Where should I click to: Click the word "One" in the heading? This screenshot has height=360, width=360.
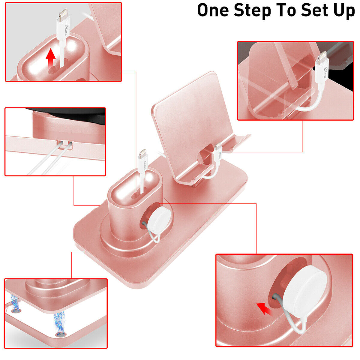tap(213, 10)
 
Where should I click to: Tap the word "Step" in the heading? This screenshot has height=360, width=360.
tap(252, 11)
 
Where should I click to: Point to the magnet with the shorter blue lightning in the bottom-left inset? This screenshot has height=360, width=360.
tap(16, 311)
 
